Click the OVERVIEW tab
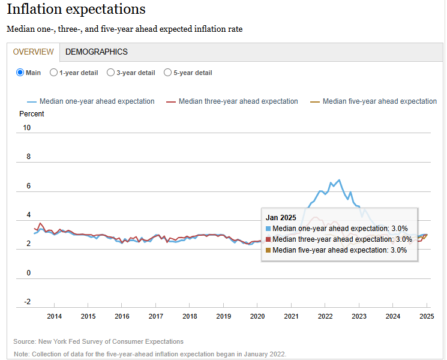[34, 52]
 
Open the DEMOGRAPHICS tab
[97, 52]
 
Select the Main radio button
[20, 73]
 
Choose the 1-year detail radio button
[54, 73]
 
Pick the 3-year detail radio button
[110, 73]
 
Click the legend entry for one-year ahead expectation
[91, 101]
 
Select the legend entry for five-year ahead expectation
[373, 101]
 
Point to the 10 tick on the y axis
[27, 128]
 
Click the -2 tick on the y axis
[27, 302]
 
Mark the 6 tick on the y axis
[27, 186]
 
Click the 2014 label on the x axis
[54, 316]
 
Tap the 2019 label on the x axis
[223, 316]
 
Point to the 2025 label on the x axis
[427, 316]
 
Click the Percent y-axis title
[32, 114]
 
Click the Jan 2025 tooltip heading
[281, 218]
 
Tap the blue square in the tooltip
[268, 229]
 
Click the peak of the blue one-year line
[339, 179]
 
